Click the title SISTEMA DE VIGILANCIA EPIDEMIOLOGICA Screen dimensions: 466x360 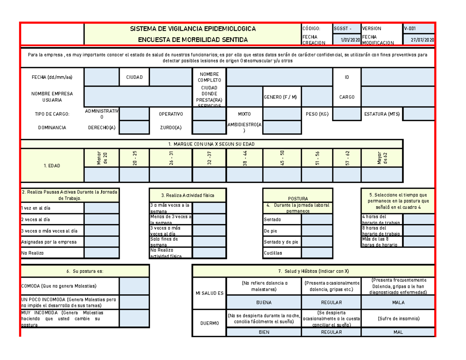tap(193, 29)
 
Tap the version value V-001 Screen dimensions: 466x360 tap(419, 28)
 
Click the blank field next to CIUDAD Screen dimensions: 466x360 tap(170, 77)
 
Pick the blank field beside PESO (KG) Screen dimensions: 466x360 tap(347, 114)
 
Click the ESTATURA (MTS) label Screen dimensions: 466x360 tap(382, 114)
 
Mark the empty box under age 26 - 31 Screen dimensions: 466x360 tap(170, 175)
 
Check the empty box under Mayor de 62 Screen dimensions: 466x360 tap(382, 175)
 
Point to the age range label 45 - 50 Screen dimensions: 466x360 tap(282, 158)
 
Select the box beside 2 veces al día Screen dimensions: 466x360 tap(102, 219)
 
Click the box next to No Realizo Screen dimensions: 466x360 tap(102, 253)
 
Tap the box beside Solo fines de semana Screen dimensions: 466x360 tap(209, 242)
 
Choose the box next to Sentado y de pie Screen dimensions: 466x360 tap(317, 242)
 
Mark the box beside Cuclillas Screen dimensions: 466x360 tap(317, 253)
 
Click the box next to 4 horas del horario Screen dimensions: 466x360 tap(419, 219)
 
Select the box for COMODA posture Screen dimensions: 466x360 tap(134, 286)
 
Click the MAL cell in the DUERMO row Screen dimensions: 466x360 tap(398, 332)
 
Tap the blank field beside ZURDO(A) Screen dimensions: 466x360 tap(209, 127)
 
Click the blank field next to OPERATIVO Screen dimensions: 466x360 tap(209, 114)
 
